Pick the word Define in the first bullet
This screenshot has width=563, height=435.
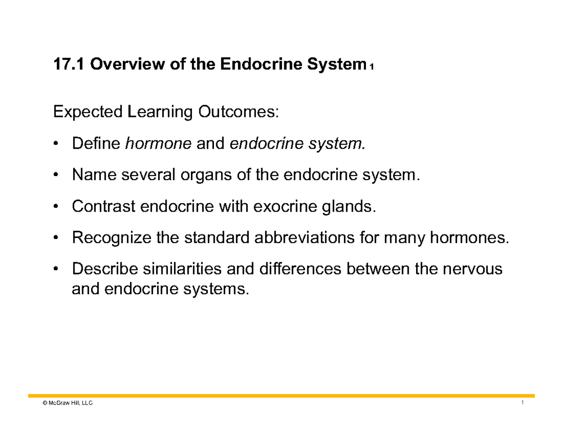pyautogui.click(x=96, y=144)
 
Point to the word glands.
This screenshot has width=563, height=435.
pyautogui.click(x=349, y=206)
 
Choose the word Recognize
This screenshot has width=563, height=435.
pyautogui.click(x=110, y=238)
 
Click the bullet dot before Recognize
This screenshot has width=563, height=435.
pyautogui.click(x=56, y=238)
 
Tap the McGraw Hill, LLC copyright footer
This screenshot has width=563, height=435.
pyautogui.click(x=61, y=404)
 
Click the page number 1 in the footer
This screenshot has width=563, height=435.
pyautogui.click(x=522, y=404)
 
